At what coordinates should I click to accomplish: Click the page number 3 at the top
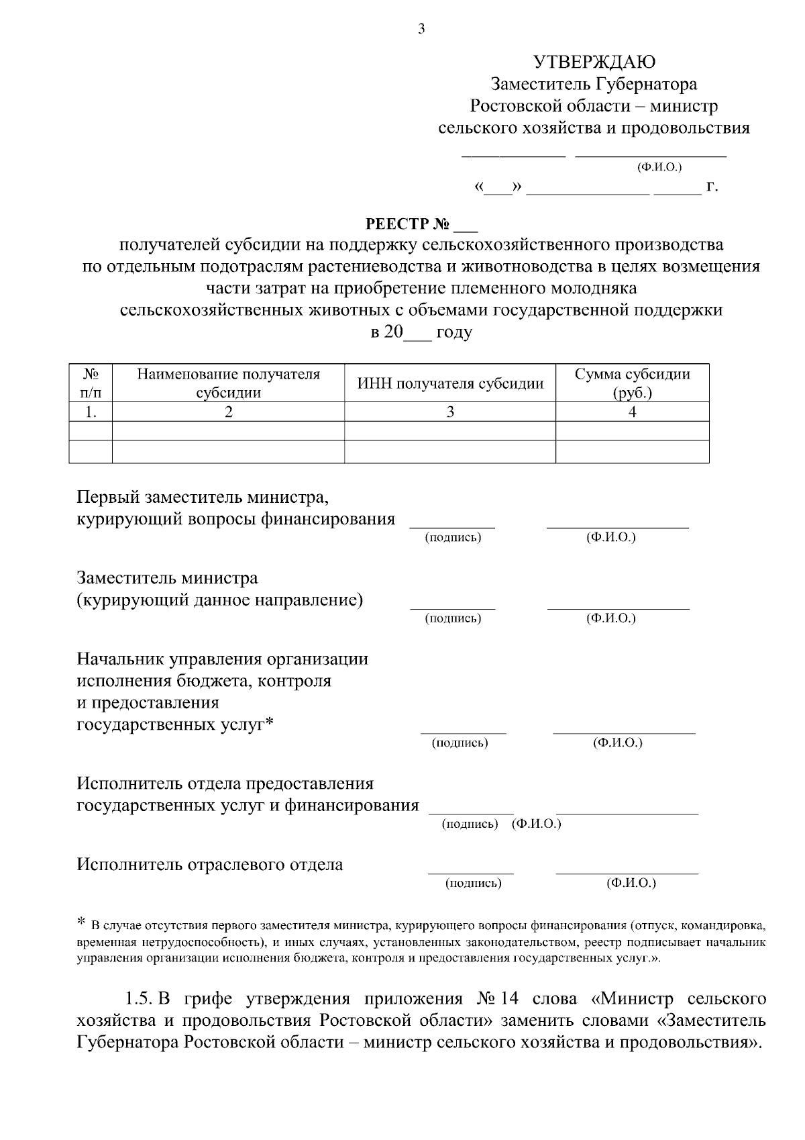coord(421,28)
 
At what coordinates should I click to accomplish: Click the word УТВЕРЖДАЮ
coord(594,62)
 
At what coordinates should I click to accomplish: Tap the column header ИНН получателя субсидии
coord(450,384)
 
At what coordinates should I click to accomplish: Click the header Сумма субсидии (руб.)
coord(632,383)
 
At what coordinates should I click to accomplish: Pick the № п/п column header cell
coord(91,383)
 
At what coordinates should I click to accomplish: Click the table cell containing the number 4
coord(632,412)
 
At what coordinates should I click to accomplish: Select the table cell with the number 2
coord(228,412)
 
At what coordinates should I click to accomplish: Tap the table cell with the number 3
coord(450,412)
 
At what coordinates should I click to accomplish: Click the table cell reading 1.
coord(91,412)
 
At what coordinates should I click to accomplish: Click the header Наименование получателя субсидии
coord(228,383)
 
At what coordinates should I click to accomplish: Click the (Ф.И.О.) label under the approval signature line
coord(659,167)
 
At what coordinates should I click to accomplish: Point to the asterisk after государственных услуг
coord(270,723)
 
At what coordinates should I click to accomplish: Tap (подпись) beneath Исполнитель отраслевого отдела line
coord(473,884)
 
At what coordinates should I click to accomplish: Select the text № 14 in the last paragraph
coord(498,999)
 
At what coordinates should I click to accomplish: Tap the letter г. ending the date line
coord(712,187)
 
